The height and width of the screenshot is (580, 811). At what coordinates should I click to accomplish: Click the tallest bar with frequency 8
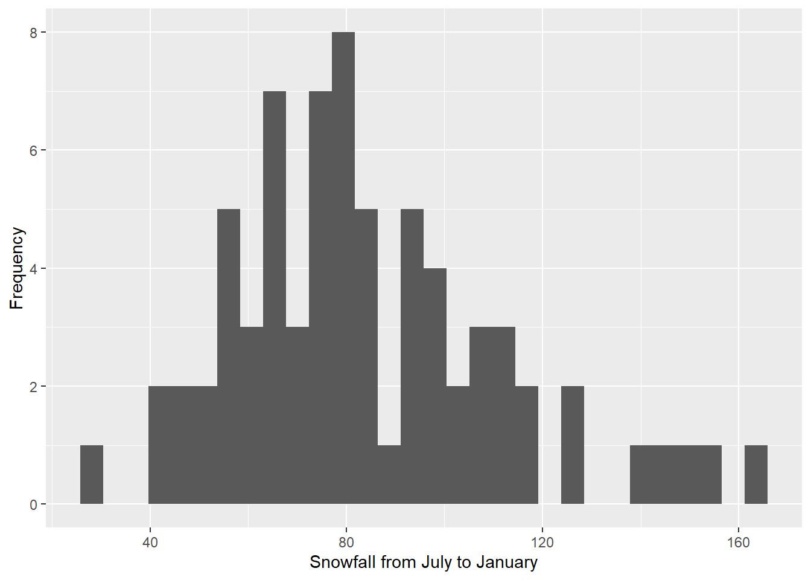(x=343, y=268)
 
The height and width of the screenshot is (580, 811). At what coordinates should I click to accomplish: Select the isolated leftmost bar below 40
(x=92, y=474)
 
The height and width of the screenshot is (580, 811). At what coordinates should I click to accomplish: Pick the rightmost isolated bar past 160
(x=755, y=474)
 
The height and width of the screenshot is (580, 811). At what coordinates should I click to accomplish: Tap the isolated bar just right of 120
(x=572, y=445)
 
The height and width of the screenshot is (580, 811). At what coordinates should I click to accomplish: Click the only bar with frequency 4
(x=435, y=385)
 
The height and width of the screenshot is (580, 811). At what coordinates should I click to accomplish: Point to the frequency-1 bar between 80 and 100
(x=389, y=474)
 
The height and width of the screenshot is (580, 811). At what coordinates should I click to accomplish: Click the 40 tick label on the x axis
(x=150, y=543)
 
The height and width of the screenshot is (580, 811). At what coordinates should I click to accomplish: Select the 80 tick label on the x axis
(x=346, y=543)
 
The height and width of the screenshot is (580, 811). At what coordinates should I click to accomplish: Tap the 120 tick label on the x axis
(x=542, y=543)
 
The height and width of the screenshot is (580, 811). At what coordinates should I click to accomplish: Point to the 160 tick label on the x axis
(x=739, y=543)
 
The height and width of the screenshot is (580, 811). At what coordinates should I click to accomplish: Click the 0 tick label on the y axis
(x=34, y=504)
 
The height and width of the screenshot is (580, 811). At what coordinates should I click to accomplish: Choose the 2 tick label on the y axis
(x=34, y=387)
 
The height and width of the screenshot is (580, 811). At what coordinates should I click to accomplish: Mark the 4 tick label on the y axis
(x=34, y=268)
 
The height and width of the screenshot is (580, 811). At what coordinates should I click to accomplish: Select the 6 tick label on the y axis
(x=34, y=150)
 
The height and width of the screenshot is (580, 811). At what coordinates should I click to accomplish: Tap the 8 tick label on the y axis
(x=34, y=33)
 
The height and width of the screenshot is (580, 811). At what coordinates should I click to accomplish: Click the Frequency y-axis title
(x=17, y=268)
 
